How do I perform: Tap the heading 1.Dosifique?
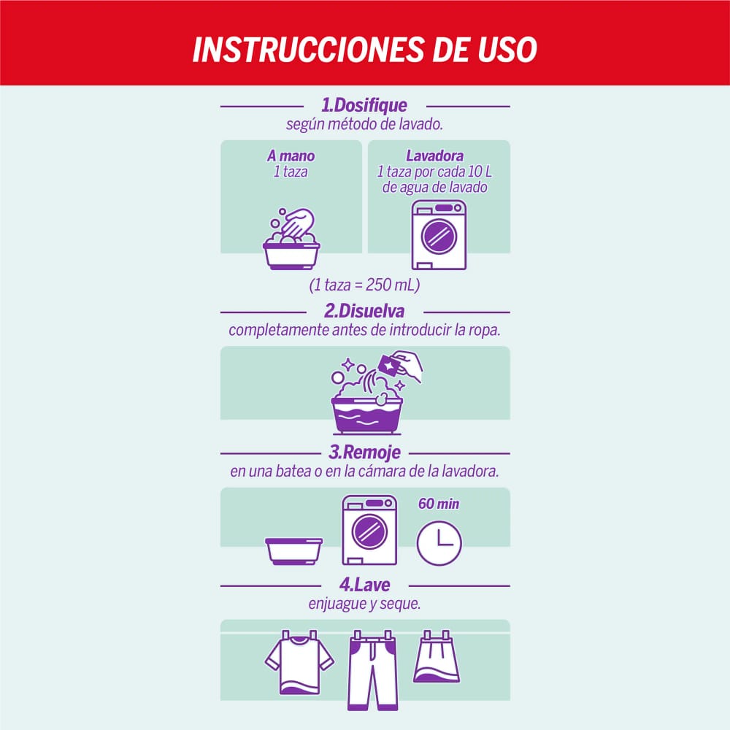[364, 105]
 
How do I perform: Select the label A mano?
[291, 156]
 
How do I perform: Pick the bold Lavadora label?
[434, 156]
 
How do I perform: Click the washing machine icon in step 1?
[439, 235]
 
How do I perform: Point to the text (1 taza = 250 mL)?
[365, 285]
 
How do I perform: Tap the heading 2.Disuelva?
[364, 311]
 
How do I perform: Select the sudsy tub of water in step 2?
[366, 412]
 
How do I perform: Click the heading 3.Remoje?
[364, 453]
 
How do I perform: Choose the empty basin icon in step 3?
[294, 550]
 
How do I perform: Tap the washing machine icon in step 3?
[369, 530]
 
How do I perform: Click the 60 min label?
[439, 504]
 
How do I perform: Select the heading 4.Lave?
[364, 585]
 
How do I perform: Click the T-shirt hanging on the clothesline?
[299, 661]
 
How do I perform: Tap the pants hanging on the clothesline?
[372, 670]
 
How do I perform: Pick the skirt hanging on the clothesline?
[437, 659]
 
